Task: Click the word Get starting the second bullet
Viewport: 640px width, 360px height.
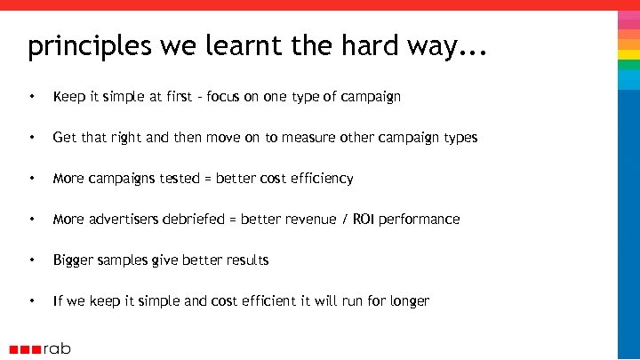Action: point(65,137)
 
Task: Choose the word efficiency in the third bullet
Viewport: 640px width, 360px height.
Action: point(318,178)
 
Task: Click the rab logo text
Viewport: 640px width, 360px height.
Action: point(57,348)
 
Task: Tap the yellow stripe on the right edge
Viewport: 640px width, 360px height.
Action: point(628,54)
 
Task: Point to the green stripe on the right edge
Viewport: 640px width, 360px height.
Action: point(628,65)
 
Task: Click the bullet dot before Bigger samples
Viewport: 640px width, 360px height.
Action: point(32,260)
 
